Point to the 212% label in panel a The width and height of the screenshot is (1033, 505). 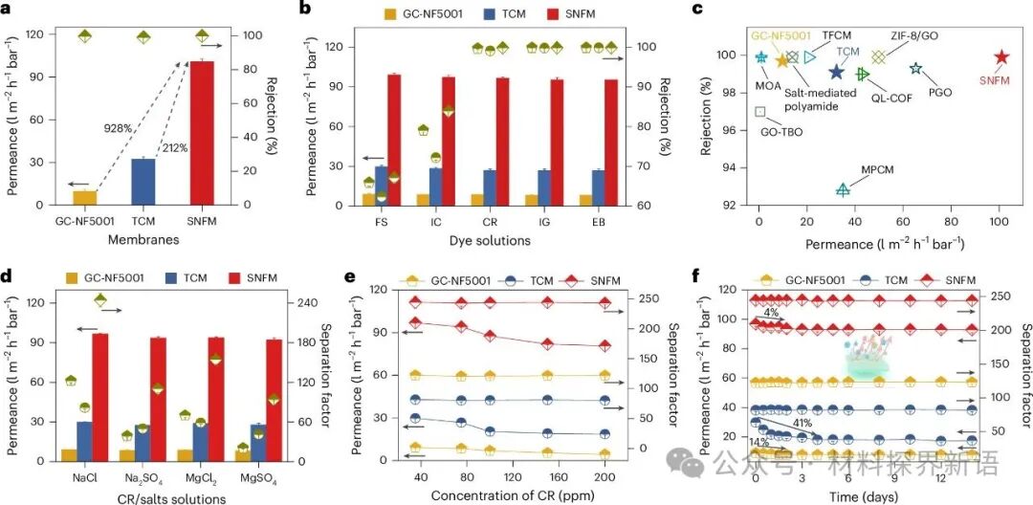pos(175,147)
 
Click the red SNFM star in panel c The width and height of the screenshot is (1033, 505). pos(1001,57)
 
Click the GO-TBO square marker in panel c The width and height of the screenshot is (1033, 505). pos(760,112)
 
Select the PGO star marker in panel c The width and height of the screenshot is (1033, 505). pos(915,68)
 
